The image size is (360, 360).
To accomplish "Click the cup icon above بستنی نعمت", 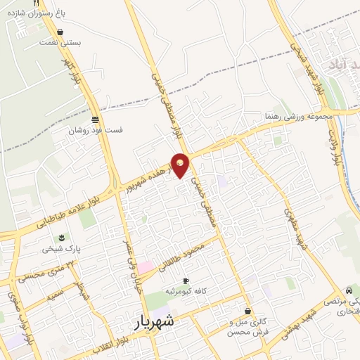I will (x=60, y=32).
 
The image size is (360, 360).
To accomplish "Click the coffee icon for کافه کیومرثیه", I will (x=186, y=281).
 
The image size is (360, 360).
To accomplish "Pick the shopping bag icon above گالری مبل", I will (x=247, y=311).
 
